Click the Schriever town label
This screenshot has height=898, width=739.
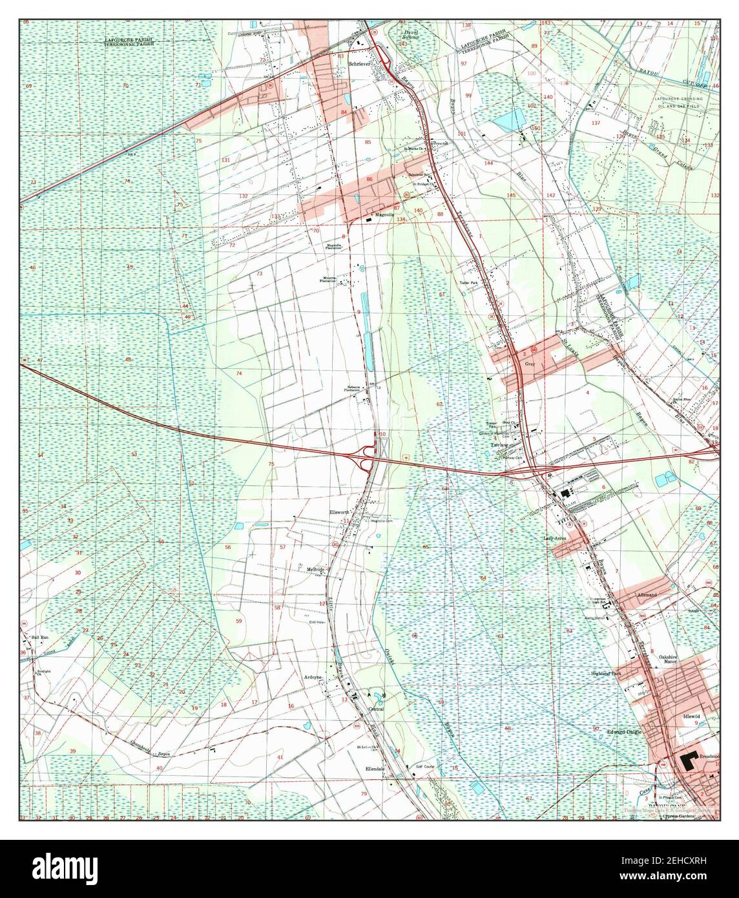tap(358, 65)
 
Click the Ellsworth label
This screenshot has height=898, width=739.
tap(338, 512)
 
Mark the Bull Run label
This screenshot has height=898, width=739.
tap(40, 638)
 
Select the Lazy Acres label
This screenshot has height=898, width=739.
tap(556, 538)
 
